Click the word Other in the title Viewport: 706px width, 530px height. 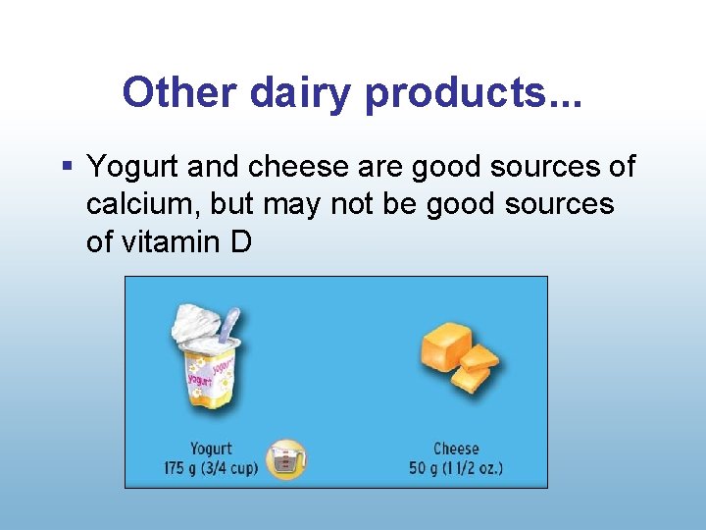pos(181,92)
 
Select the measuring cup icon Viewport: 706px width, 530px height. pos(286,459)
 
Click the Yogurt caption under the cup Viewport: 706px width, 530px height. pos(211,449)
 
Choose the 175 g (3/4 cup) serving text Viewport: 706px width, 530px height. pos(211,468)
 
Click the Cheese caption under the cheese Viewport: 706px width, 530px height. pos(456,449)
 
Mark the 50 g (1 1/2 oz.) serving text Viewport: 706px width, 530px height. pos(456,468)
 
